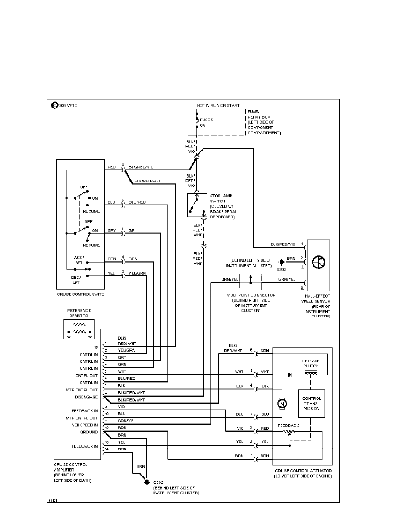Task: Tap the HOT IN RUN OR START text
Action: tap(219, 106)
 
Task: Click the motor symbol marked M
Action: tap(281, 402)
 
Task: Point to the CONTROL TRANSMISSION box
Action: tap(312, 403)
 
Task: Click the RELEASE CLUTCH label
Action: tap(311, 364)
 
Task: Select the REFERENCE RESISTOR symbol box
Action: tap(79, 328)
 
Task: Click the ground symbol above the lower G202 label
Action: tap(147, 480)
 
